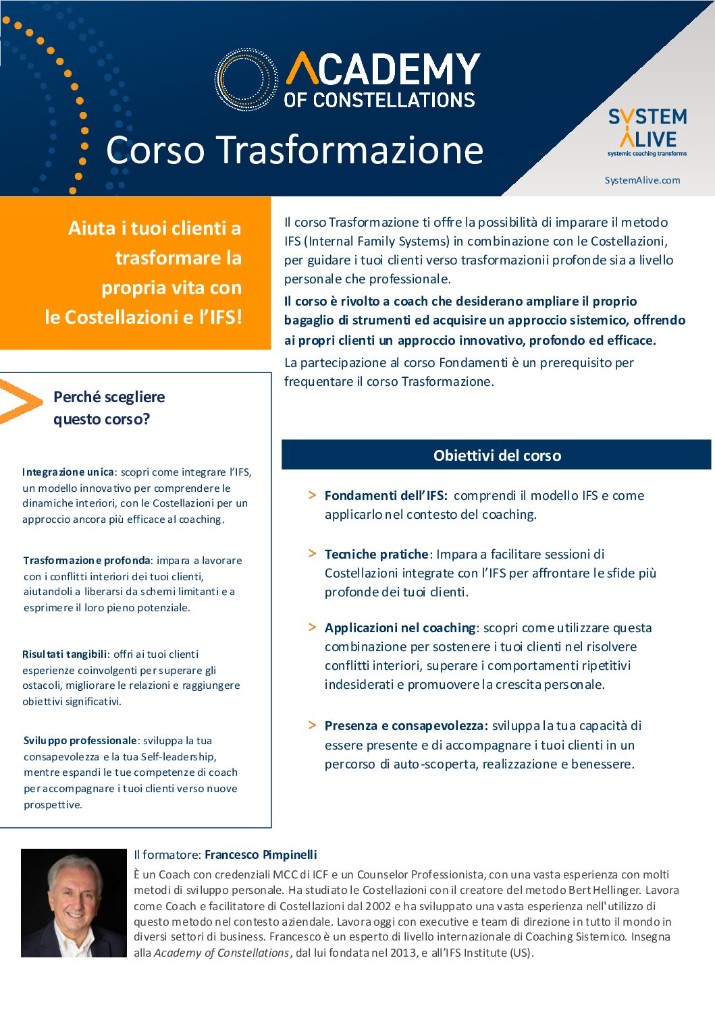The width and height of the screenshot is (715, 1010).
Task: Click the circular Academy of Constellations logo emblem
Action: pos(246,79)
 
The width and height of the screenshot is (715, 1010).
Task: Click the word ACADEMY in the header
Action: pos(383,69)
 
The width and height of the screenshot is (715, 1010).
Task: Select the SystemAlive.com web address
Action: pos(642,180)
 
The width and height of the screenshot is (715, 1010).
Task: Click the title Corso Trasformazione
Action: pos(294,150)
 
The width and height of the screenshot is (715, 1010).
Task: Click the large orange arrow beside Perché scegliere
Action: pos(20,401)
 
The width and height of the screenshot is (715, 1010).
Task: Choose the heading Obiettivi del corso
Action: pos(497,455)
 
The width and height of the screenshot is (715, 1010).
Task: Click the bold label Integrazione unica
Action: pos(68,472)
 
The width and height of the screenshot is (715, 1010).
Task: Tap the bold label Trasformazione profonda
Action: pos(86,561)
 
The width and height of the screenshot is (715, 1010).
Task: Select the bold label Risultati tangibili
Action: pos(65,654)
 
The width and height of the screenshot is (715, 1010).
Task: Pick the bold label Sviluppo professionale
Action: pos(80,741)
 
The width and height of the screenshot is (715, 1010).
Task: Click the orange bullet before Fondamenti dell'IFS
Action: pos(312,495)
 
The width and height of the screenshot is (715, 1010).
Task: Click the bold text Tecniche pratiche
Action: pos(376,555)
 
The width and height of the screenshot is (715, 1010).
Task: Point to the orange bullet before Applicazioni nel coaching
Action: pos(312,627)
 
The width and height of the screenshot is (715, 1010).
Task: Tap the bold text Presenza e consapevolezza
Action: pos(406,726)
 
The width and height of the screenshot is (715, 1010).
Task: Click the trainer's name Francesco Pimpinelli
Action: pos(261,855)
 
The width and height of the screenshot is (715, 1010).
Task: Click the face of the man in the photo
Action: pos(73,898)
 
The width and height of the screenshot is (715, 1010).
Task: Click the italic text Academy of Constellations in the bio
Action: pos(221,953)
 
